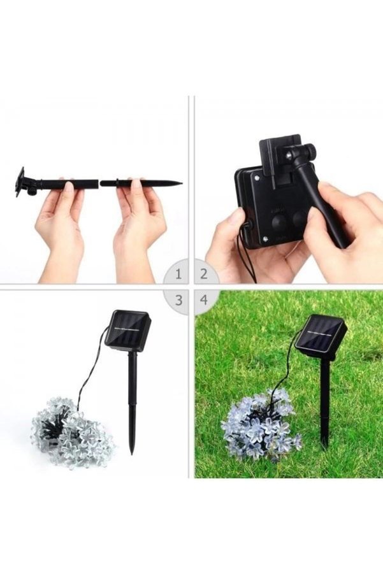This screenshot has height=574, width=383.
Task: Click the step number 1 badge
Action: coord(178,274)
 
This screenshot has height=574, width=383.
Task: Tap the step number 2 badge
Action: coord(204,274)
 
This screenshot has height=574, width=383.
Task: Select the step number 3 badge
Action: coord(178,300)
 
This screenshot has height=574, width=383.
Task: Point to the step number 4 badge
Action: coord(204,300)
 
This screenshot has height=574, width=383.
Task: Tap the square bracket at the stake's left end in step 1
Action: coord(20,182)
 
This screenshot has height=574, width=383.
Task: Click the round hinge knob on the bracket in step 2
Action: coord(310,150)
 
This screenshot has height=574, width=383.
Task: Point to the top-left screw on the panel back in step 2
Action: coord(257,177)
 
